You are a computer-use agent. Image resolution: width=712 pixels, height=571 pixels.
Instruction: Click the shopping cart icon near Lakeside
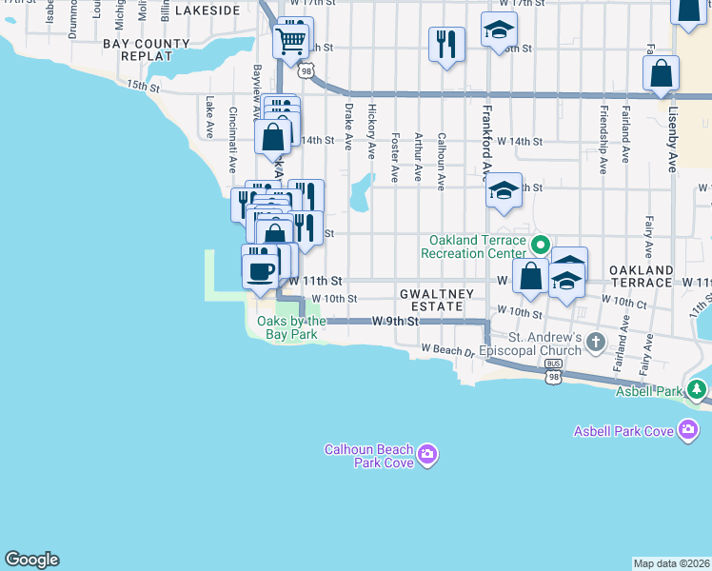coord(289,41)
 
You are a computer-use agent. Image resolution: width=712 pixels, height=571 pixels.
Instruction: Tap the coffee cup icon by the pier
coord(260,271)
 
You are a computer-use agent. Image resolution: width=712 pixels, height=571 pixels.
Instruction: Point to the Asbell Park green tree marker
coord(697,389)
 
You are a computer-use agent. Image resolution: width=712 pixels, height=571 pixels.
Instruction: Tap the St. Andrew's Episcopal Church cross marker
coord(596,342)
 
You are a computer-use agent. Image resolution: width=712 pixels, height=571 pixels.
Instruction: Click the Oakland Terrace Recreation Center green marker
coord(540,245)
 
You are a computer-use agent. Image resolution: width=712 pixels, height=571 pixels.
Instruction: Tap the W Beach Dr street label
coord(447,352)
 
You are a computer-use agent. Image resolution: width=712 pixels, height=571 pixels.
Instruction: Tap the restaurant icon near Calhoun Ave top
coord(446,44)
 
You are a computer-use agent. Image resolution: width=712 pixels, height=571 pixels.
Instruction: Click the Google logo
coord(31,560)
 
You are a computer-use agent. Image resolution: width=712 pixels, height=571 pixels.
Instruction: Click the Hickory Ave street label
coord(372,129)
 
